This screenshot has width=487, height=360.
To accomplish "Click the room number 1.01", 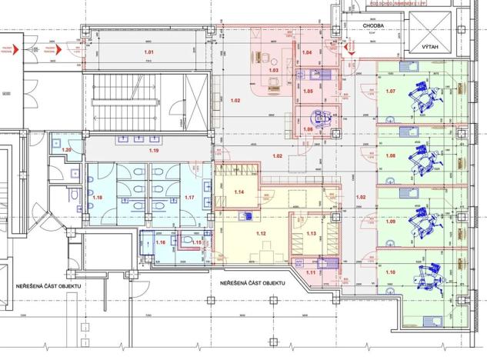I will pos(149,52).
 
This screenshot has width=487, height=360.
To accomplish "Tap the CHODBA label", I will pos(374,26).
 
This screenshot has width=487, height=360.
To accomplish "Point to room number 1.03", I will pos(272,70).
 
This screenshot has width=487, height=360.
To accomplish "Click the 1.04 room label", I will pos(305,52).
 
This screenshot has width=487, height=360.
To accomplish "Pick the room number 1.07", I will pos(391,92).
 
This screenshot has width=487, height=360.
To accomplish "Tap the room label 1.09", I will pos(391,222).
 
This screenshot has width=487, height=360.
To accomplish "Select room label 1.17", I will pos(189,198).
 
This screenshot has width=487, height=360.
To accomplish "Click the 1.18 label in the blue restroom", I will pos(97,198).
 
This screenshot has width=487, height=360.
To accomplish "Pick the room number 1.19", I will pos(154,151).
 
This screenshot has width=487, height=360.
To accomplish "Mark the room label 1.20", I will pos(66,149).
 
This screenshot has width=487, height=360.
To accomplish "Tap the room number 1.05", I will pos(307,92).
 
